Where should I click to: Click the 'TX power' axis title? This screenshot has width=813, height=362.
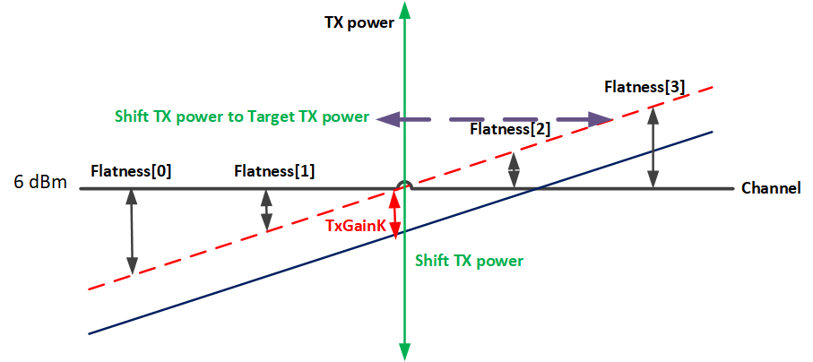click(359, 23)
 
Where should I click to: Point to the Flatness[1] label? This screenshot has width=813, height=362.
click(274, 169)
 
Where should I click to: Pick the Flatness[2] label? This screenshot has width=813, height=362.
click(509, 129)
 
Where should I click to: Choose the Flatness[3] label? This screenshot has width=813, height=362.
click(645, 87)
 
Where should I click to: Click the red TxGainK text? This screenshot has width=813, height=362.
click(356, 227)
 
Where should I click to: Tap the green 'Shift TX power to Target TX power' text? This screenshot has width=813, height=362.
click(242, 116)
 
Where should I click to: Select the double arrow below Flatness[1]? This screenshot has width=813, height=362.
click(266, 210)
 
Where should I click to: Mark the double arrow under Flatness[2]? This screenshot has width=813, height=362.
click(514, 170)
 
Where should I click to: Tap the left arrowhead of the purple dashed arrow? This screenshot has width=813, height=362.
click(386, 118)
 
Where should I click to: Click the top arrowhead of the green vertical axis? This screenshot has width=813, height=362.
click(406, 11)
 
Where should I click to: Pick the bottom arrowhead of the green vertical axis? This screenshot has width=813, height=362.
click(406, 351)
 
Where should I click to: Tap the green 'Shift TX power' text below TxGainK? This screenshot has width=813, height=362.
click(469, 261)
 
